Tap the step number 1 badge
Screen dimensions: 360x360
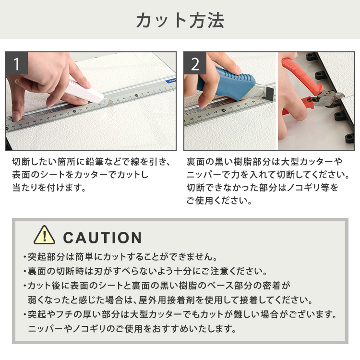pyautogui.click(x=17, y=64)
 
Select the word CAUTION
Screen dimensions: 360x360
pyautogui.click(x=102, y=237)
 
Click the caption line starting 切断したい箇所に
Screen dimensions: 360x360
pyautogui.click(x=91, y=162)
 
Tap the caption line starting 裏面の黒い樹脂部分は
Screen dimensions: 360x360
pyautogui.click(x=264, y=162)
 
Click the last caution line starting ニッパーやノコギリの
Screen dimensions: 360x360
pyautogui.click(x=132, y=329)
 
